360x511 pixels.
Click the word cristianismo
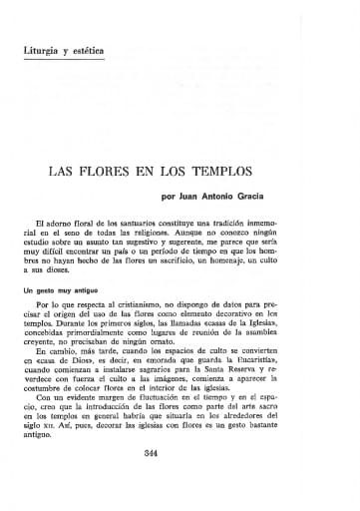click(148, 301)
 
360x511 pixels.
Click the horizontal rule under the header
click(180, 68)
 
